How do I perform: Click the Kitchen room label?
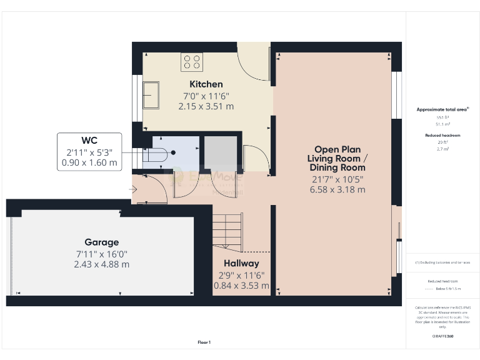pyautogui.click(x=206, y=84)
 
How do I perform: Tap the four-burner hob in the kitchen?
pyautogui.click(x=192, y=62)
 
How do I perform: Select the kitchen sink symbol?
pyautogui.click(x=151, y=94)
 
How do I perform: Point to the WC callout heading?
pyautogui.click(x=89, y=140)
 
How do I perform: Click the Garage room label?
pyautogui.click(x=102, y=242)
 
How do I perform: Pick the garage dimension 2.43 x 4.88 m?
pyautogui.click(x=102, y=264)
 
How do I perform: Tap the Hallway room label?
pyautogui.click(x=241, y=264)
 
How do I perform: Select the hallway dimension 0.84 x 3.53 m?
pyautogui.click(x=241, y=286)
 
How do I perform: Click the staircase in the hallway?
pyautogui.click(x=226, y=228)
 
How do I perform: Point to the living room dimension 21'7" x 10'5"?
pyautogui.click(x=337, y=179)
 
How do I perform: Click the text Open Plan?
pyautogui.click(x=337, y=149)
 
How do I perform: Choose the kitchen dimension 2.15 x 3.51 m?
pyautogui.click(x=206, y=106)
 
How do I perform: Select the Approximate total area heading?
pyautogui.click(x=443, y=109)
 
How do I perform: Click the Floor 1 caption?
pyautogui.click(x=204, y=342)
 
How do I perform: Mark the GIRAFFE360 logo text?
pyautogui.click(x=443, y=336)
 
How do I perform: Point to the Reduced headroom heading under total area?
pyautogui.click(x=443, y=135)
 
